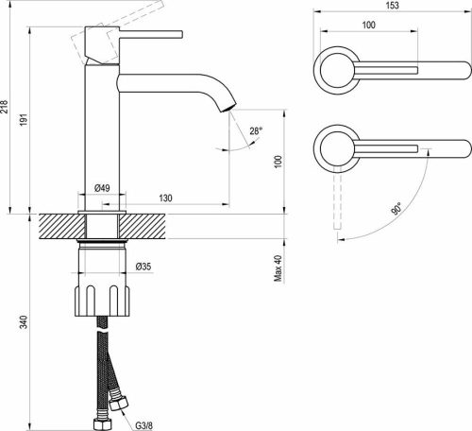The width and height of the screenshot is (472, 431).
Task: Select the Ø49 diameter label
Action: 105,189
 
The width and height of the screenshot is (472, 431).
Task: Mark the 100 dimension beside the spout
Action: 278,162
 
